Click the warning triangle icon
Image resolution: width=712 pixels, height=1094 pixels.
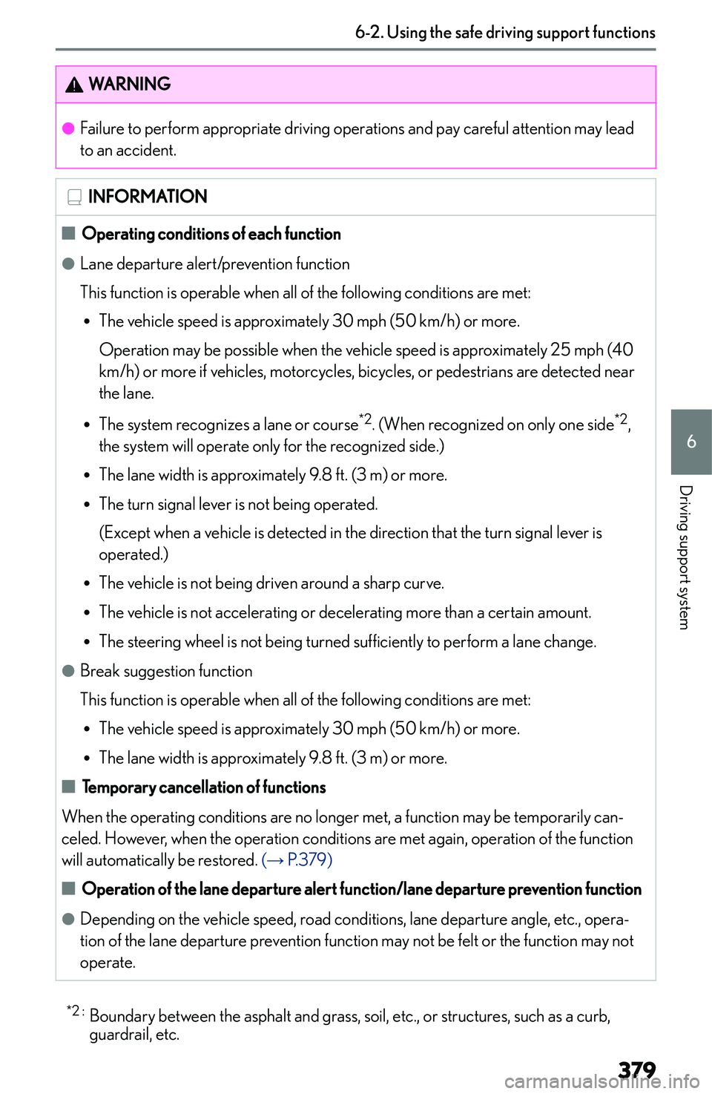tap(74, 85)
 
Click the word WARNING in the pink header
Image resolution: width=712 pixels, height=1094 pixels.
tap(130, 84)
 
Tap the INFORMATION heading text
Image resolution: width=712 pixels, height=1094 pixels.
tap(148, 197)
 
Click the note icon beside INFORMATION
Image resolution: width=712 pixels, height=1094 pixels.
tap(74, 197)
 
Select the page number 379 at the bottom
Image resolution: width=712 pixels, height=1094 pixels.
tap(636, 1070)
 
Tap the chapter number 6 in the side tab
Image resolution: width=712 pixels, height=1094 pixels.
tap(691, 442)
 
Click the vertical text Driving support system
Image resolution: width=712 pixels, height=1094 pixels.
tap(685, 557)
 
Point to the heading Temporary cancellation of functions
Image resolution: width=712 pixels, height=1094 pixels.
tap(204, 787)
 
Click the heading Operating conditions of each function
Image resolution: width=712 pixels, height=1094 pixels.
tap(211, 234)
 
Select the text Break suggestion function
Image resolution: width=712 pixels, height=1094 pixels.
tap(166, 671)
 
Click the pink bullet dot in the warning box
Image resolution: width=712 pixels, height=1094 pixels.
tap(68, 128)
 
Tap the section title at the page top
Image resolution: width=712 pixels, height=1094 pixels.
tap(505, 33)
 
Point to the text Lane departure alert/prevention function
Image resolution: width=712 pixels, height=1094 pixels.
tap(215, 264)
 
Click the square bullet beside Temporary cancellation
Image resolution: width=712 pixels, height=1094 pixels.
tap(69, 787)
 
